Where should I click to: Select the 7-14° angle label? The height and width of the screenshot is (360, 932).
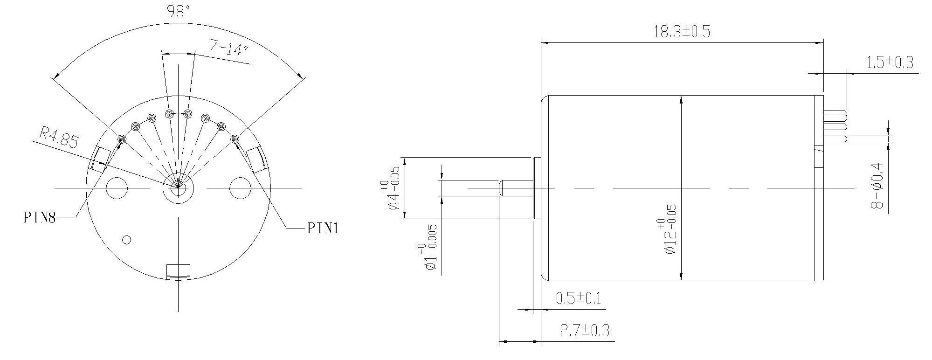(229, 48)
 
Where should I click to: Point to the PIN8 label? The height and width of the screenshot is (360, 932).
(40, 218)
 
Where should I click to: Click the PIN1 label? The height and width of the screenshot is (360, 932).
(323, 228)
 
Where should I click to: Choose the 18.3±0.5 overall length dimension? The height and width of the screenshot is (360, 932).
(682, 32)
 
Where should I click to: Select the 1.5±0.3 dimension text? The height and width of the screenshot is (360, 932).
(890, 62)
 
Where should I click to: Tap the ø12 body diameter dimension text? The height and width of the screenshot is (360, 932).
(667, 236)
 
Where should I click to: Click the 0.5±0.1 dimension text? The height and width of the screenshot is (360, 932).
(578, 298)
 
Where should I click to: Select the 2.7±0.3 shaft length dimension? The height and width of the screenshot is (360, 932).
(585, 331)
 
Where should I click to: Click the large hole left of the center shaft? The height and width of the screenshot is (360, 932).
(117, 188)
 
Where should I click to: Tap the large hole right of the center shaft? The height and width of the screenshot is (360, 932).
(241, 188)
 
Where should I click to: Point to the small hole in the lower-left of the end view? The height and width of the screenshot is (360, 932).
(126, 240)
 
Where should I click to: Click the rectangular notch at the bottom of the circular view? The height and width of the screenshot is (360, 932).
(179, 271)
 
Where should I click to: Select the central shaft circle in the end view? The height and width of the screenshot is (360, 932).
(178, 189)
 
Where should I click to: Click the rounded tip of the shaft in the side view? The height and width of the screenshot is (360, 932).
(501, 188)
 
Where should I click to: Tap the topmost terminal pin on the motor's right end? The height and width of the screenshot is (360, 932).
(835, 114)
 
